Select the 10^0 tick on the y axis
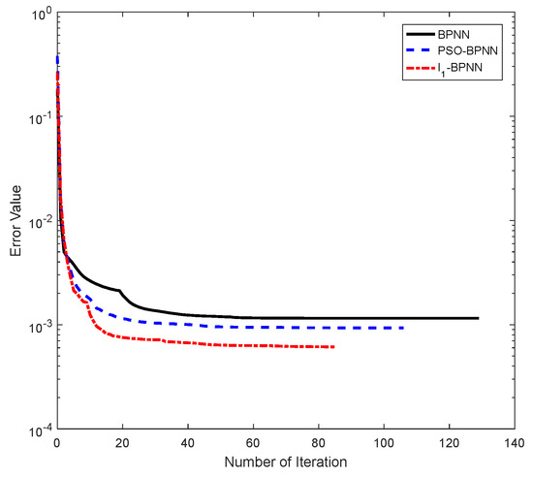coord(38,14)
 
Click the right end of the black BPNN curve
coord(478,318)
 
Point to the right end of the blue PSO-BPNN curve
coord(403,328)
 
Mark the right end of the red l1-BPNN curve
coord(334,347)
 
